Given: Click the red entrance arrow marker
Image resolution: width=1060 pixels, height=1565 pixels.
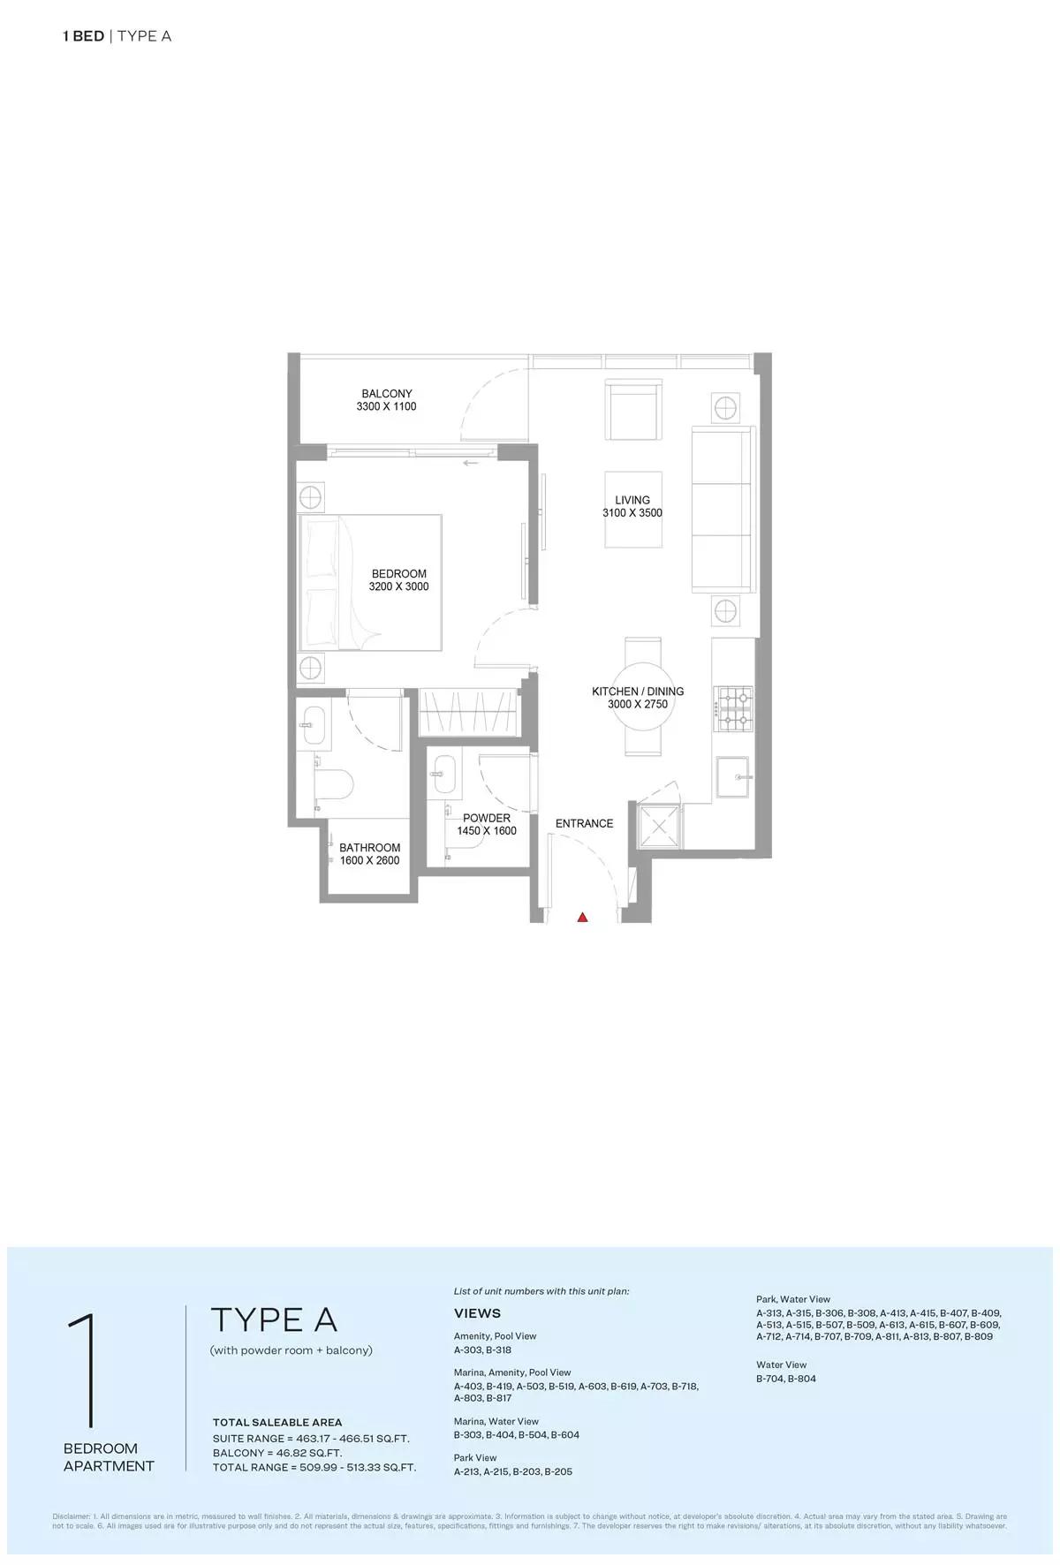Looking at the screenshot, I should coord(582,918).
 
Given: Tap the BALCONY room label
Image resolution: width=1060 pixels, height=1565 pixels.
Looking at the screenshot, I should coord(387,394).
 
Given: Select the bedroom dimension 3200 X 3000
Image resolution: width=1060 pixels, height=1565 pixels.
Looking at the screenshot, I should coord(398,586).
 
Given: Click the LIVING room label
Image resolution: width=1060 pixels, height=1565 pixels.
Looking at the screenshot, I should coord(632,500).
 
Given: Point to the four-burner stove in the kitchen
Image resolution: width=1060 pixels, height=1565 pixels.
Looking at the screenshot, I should coord(733,708).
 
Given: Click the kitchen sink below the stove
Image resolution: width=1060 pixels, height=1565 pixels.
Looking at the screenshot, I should coord(733,778).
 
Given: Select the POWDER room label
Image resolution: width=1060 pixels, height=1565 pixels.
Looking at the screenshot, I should coord(487,818).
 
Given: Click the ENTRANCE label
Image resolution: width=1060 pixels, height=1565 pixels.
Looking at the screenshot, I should coord(584,823).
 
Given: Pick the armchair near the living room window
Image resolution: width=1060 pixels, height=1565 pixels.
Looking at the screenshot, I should coord(633,410).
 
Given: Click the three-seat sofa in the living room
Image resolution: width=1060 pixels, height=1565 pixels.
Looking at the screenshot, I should coord(723,509).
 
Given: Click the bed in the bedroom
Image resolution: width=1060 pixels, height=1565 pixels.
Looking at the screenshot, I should coord(371,582).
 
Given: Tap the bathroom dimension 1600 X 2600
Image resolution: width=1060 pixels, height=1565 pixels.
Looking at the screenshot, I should coord(369,860).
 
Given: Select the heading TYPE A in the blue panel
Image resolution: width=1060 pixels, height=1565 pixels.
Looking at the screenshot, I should coord(274,1319).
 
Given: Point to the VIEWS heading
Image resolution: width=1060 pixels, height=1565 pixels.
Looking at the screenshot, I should coord(477,1313).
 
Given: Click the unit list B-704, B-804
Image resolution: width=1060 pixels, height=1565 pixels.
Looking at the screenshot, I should coord(786,1379).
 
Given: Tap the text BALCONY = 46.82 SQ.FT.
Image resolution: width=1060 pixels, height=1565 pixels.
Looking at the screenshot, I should coord(277,1453).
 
